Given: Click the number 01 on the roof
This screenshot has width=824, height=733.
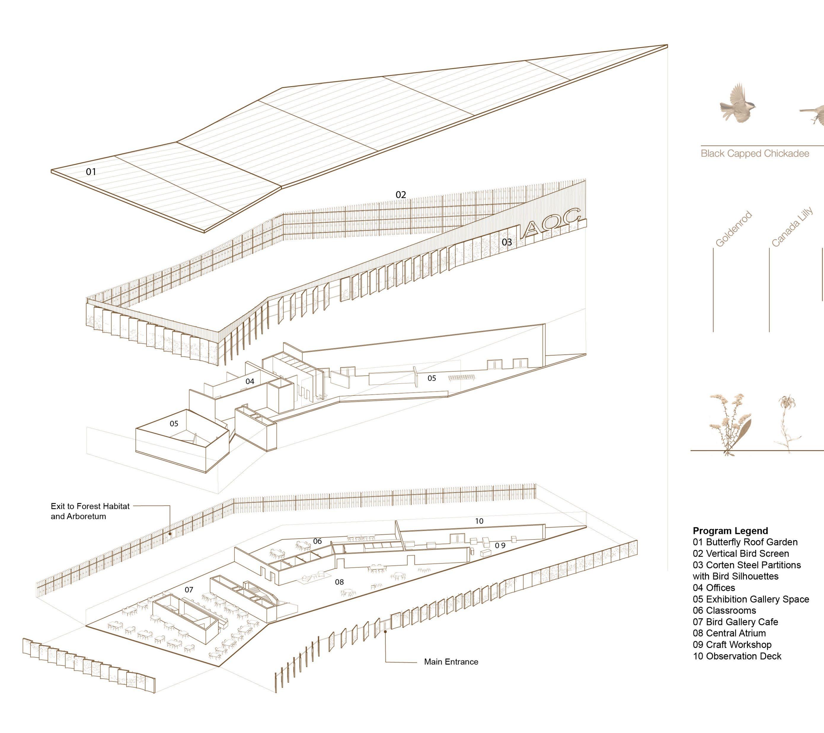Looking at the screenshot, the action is click(91, 172).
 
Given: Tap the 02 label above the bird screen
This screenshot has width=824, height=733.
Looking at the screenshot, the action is click(401, 195).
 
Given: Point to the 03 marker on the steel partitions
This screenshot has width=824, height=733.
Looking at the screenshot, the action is click(507, 242).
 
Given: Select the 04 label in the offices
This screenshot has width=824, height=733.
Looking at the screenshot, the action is click(250, 381).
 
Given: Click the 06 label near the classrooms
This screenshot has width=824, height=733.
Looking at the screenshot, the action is click(318, 541).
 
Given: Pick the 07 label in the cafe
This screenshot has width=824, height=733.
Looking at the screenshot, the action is click(189, 590).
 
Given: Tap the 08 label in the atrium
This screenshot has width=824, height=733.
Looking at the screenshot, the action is click(339, 582).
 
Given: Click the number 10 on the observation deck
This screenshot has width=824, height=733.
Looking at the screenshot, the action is click(479, 521).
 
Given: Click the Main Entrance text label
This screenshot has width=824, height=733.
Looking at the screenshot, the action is click(451, 662).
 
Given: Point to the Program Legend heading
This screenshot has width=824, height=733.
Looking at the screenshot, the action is click(730, 531).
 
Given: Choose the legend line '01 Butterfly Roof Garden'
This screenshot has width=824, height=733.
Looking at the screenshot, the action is click(745, 542).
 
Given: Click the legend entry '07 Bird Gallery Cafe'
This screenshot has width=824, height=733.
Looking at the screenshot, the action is click(735, 622).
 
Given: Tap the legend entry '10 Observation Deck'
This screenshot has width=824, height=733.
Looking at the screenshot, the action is click(737, 656).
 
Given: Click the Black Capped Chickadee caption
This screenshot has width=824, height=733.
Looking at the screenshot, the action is click(755, 153).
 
